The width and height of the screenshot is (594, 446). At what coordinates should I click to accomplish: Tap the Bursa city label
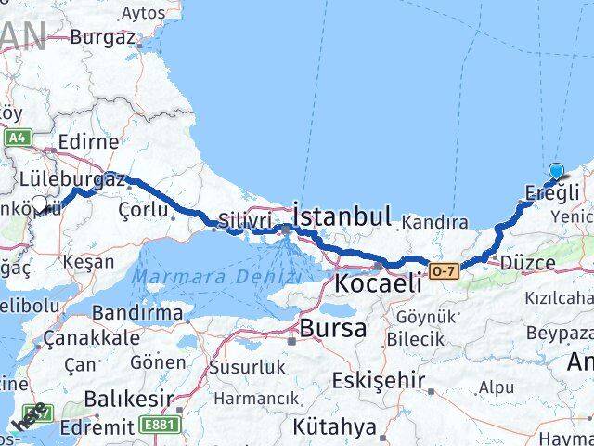[332, 328]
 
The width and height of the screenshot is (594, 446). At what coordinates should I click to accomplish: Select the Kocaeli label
[379, 282]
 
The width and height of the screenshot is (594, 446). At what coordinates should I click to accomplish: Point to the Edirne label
[87, 142]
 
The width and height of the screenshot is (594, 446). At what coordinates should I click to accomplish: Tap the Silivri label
[246, 221]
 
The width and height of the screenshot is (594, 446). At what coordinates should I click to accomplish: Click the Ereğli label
[552, 191]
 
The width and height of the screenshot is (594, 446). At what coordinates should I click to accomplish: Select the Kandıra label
[433, 222]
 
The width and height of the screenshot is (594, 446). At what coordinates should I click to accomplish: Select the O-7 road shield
[443, 270]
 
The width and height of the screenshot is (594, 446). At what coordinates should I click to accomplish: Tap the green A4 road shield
[17, 138]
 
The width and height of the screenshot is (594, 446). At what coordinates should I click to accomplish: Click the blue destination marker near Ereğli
[556, 171]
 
